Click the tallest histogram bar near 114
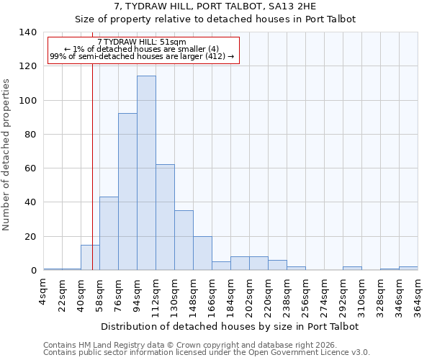(x=146, y=173)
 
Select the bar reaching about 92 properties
(x=127, y=192)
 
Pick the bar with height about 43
(x=109, y=233)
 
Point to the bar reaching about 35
(x=184, y=240)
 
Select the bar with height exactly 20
(x=202, y=253)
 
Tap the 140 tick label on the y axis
(x=27, y=32)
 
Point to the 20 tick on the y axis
(x=30, y=237)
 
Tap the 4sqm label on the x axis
(x=45, y=292)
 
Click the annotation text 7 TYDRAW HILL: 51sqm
(x=142, y=42)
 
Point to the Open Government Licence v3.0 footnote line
(x=207, y=352)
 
